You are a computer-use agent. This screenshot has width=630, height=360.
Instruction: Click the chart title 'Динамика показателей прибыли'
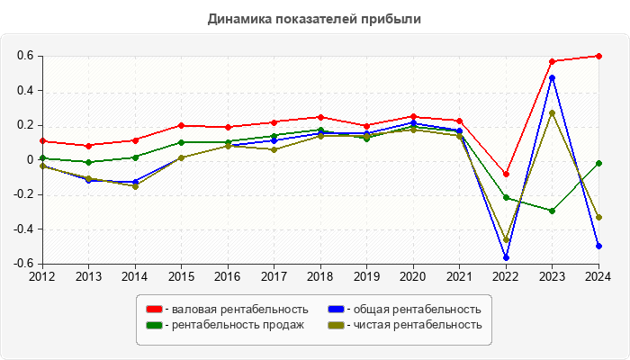click(314, 19)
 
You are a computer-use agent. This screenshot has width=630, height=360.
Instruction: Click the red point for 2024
click(598, 56)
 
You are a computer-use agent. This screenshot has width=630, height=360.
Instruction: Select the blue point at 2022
click(506, 257)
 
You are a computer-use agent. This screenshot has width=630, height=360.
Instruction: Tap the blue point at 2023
click(552, 77)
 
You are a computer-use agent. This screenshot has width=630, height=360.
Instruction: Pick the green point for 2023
click(552, 211)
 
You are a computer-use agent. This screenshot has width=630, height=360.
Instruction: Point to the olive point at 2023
click(552, 113)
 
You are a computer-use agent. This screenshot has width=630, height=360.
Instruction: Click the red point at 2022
click(506, 174)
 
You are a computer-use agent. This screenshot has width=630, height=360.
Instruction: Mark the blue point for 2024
click(598, 246)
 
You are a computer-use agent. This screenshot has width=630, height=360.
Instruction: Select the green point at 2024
click(598, 163)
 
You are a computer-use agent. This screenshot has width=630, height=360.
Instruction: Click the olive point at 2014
click(135, 186)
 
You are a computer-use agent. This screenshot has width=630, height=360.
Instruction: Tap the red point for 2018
click(320, 117)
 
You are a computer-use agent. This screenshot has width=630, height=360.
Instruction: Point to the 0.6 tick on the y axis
click(25, 56)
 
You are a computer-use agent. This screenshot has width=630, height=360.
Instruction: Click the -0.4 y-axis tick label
click(23, 229)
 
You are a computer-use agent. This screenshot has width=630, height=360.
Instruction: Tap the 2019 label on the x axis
click(366, 275)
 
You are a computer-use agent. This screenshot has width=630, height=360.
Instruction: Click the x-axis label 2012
click(42, 275)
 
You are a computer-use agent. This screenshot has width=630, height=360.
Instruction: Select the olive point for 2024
click(598, 217)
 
